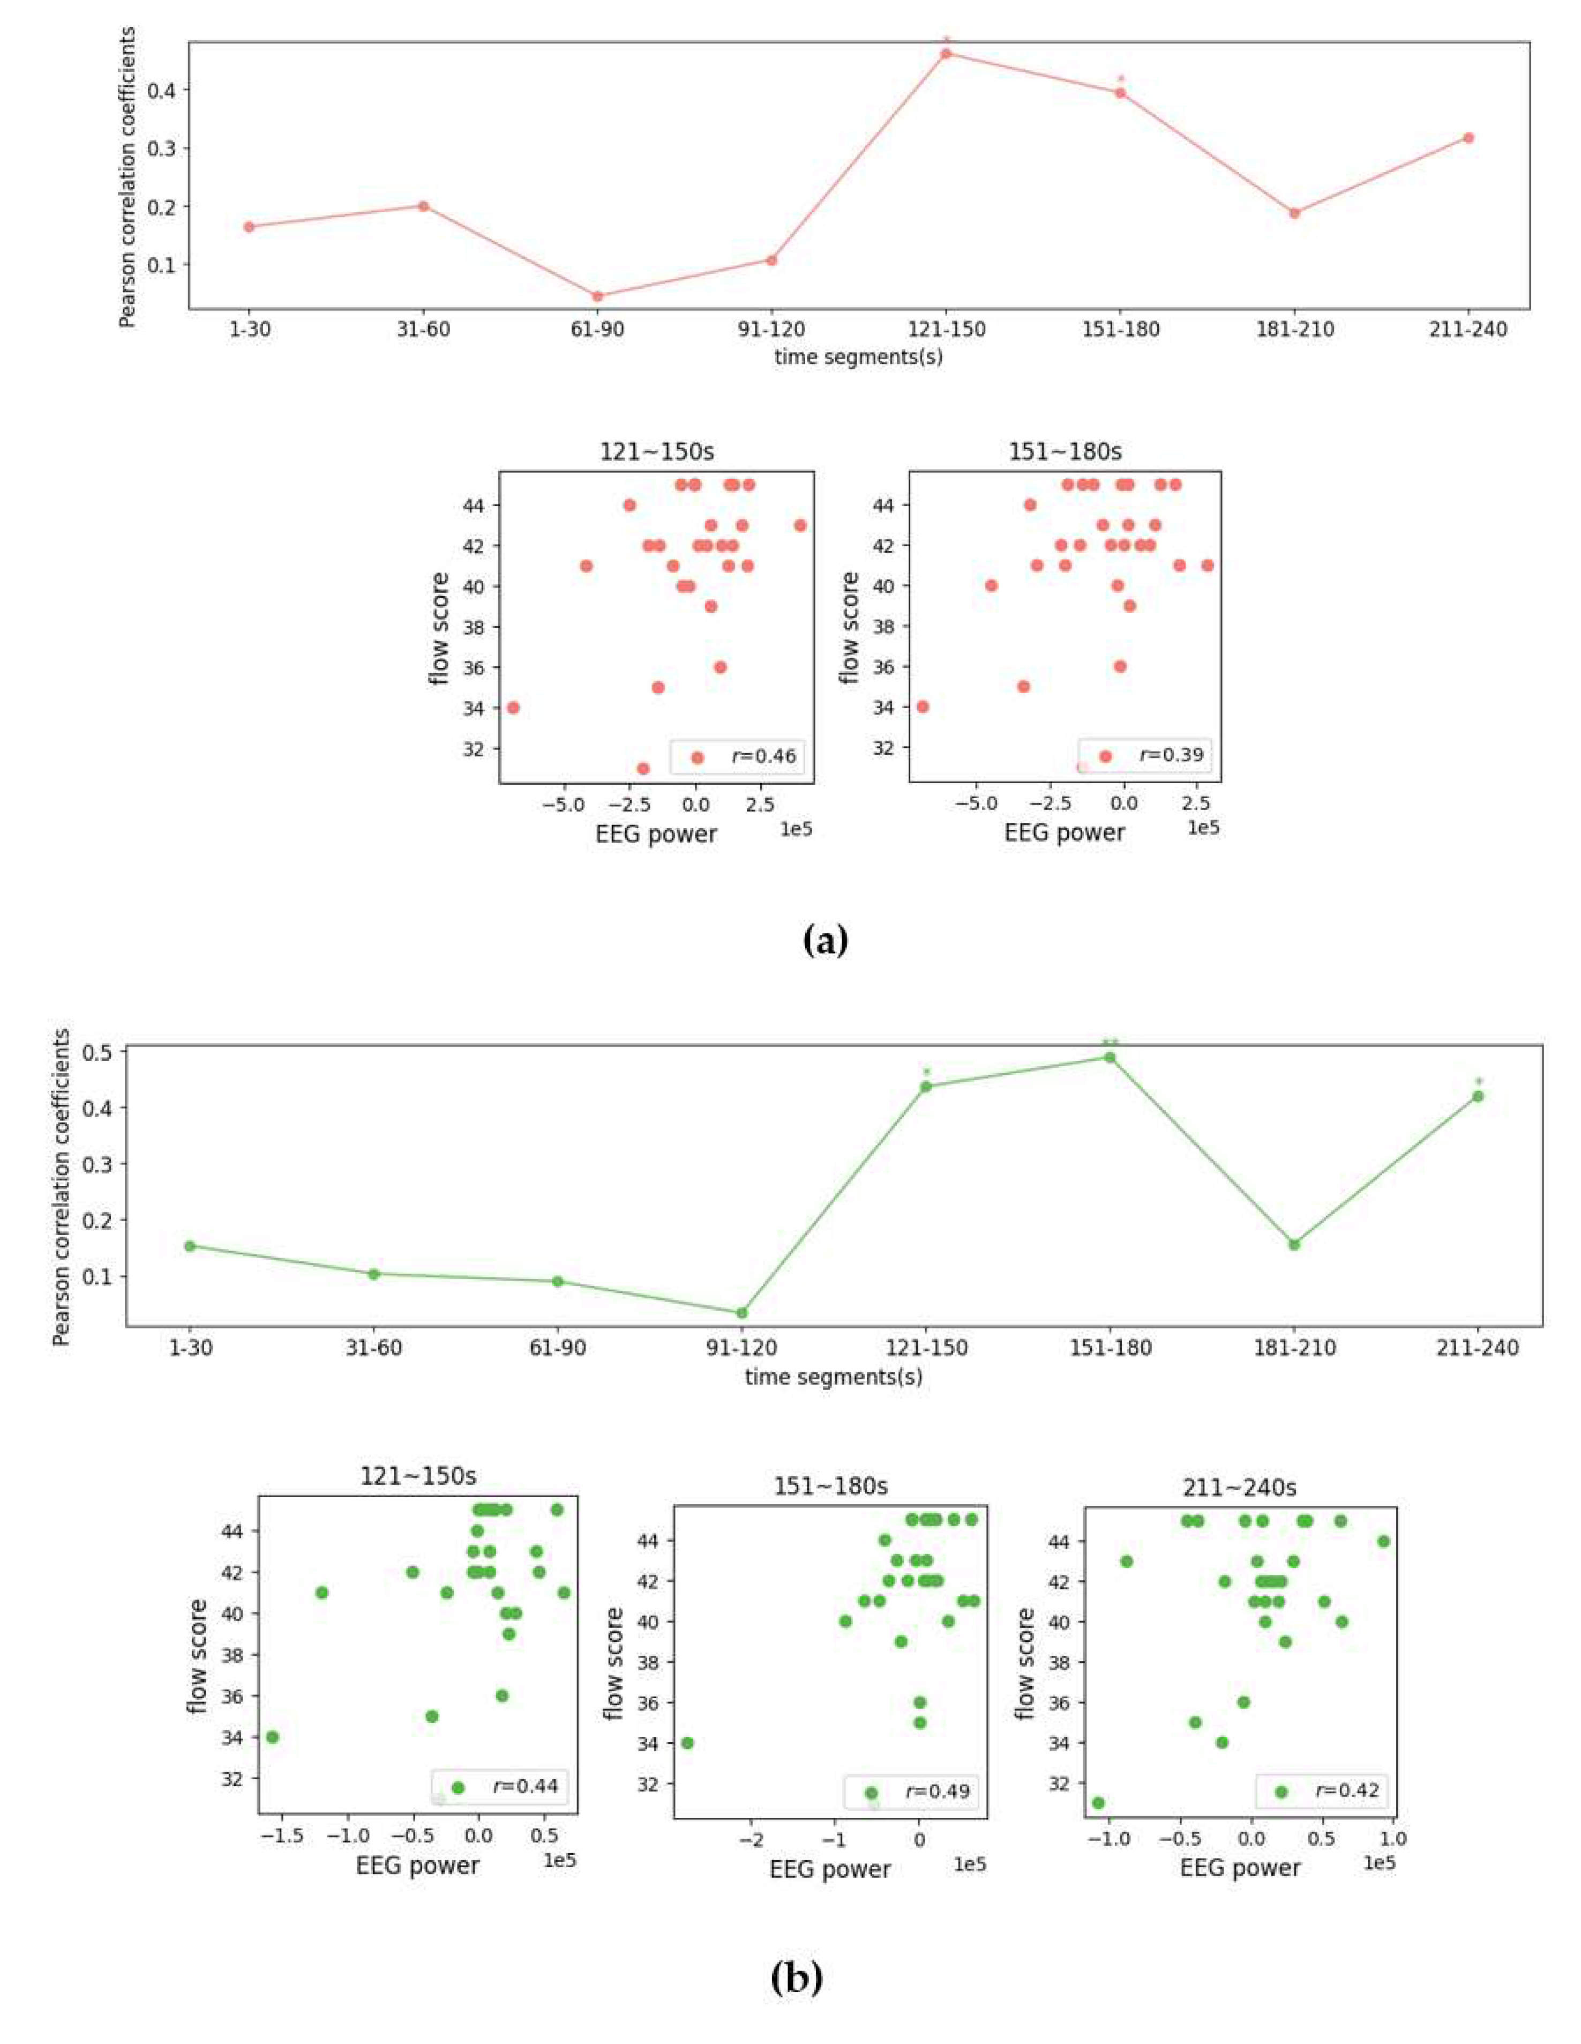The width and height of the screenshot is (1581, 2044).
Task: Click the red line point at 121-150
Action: [946, 54]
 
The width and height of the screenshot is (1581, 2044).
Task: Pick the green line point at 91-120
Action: [742, 1313]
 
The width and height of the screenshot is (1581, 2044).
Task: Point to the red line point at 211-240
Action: [1468, 138]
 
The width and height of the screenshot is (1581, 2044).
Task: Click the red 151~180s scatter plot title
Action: [1065, 452]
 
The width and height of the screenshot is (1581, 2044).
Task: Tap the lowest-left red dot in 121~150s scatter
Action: [513, 708]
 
